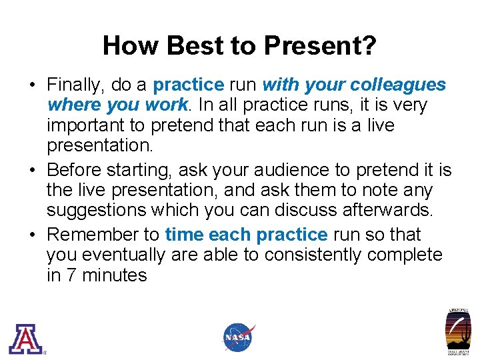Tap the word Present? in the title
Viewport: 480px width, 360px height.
pyautogui.click(x=320, y=46)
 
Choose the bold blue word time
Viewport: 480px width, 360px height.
pyautogui.click(x=185, y=235)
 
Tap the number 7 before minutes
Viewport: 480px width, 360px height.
pyautogui.click(x=71, y=275)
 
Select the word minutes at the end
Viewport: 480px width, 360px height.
pyautogui.click(x=114, y=275)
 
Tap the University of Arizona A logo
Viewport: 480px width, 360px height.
pyautogui.click(x=25, y=339)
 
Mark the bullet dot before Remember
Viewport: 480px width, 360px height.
pyautogui.click(x=33, y=235)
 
